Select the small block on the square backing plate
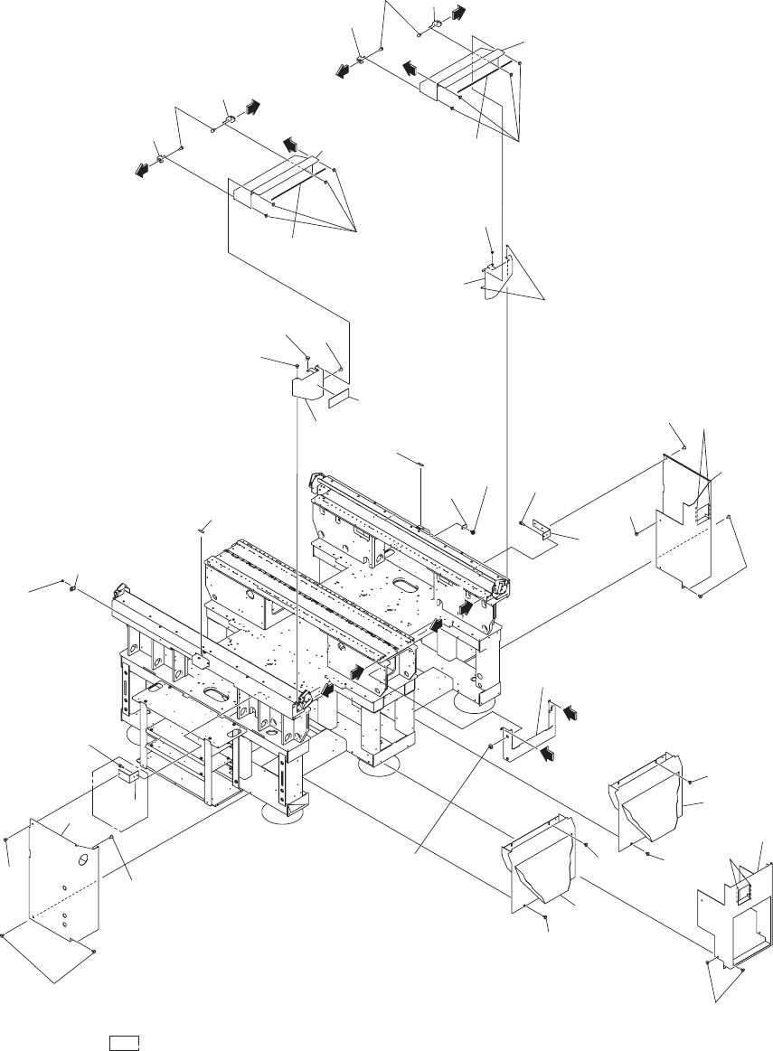127,775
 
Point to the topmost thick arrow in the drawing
459,14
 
